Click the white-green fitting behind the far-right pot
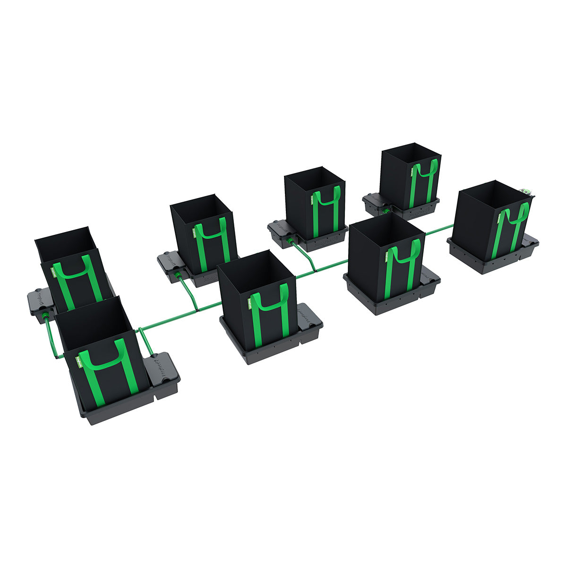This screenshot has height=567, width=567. pos(526,191)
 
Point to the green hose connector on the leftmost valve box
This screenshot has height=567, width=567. pos(45,315)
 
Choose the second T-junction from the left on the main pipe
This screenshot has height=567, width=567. pos(198,310)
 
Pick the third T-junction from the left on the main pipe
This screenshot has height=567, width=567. pos(314,271)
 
